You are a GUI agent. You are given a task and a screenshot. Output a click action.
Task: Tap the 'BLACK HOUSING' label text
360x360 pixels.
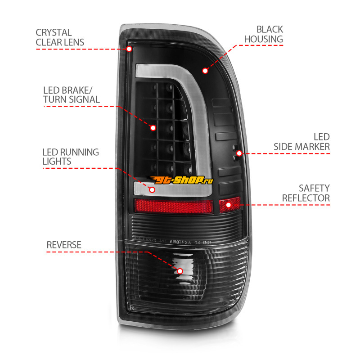[264, 34]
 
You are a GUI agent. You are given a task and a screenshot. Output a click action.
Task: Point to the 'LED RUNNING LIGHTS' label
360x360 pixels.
[70, 157]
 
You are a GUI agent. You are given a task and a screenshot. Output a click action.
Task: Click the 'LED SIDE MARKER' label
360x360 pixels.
[302, 142]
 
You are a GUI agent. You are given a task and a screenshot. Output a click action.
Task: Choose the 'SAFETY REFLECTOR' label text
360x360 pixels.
[306, 193]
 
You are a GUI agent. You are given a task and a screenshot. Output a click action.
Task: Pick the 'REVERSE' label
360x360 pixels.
[64, 245]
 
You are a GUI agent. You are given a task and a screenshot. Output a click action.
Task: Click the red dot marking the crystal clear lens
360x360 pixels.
[130, 48]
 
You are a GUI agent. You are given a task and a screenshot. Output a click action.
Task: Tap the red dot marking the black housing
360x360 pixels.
[205, 71]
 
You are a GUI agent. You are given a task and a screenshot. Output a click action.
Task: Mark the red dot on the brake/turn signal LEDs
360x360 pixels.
[153, 128]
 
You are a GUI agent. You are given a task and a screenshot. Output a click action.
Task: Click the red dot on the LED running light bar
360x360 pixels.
[152, 189]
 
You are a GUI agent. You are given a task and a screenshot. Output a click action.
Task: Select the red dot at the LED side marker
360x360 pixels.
[239, 153]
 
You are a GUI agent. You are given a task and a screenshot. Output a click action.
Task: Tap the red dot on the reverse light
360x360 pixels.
[180, 271]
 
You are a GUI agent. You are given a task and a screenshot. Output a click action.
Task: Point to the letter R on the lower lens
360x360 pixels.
[131, 307]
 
